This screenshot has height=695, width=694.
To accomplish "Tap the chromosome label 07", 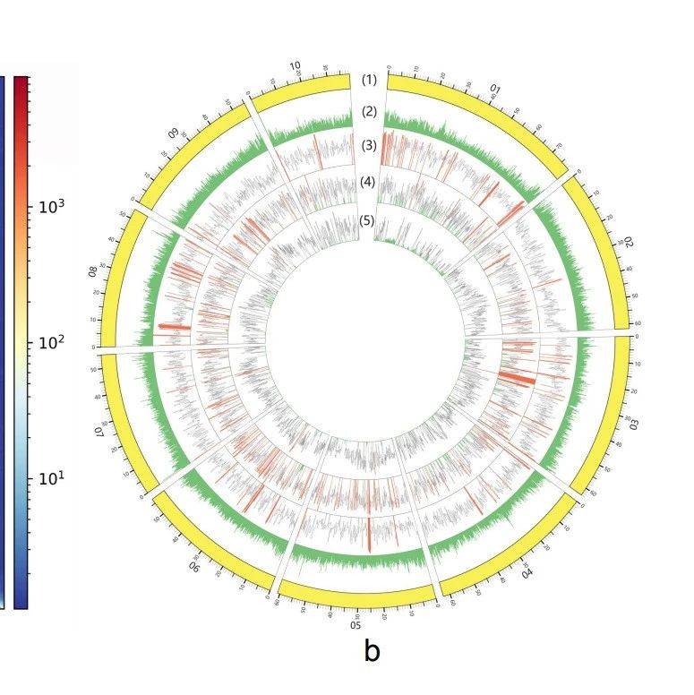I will (100, 433).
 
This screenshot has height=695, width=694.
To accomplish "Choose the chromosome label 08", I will (92, 270).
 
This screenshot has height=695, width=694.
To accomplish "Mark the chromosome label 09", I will (174, 131).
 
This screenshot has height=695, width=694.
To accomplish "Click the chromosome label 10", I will (296, 66).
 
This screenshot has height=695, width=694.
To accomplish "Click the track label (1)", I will (369, 80).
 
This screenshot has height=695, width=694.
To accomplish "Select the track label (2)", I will (369, 112).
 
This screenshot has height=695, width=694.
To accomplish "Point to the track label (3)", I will (369, 145).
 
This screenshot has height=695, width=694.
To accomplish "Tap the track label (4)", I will (368, 182).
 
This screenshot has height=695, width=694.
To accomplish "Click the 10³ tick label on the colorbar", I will (49, 206).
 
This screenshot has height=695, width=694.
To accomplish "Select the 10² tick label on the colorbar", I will (49, 342).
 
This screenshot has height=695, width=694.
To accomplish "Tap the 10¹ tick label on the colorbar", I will (49, 477).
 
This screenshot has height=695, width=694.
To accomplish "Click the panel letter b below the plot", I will (372, 651).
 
